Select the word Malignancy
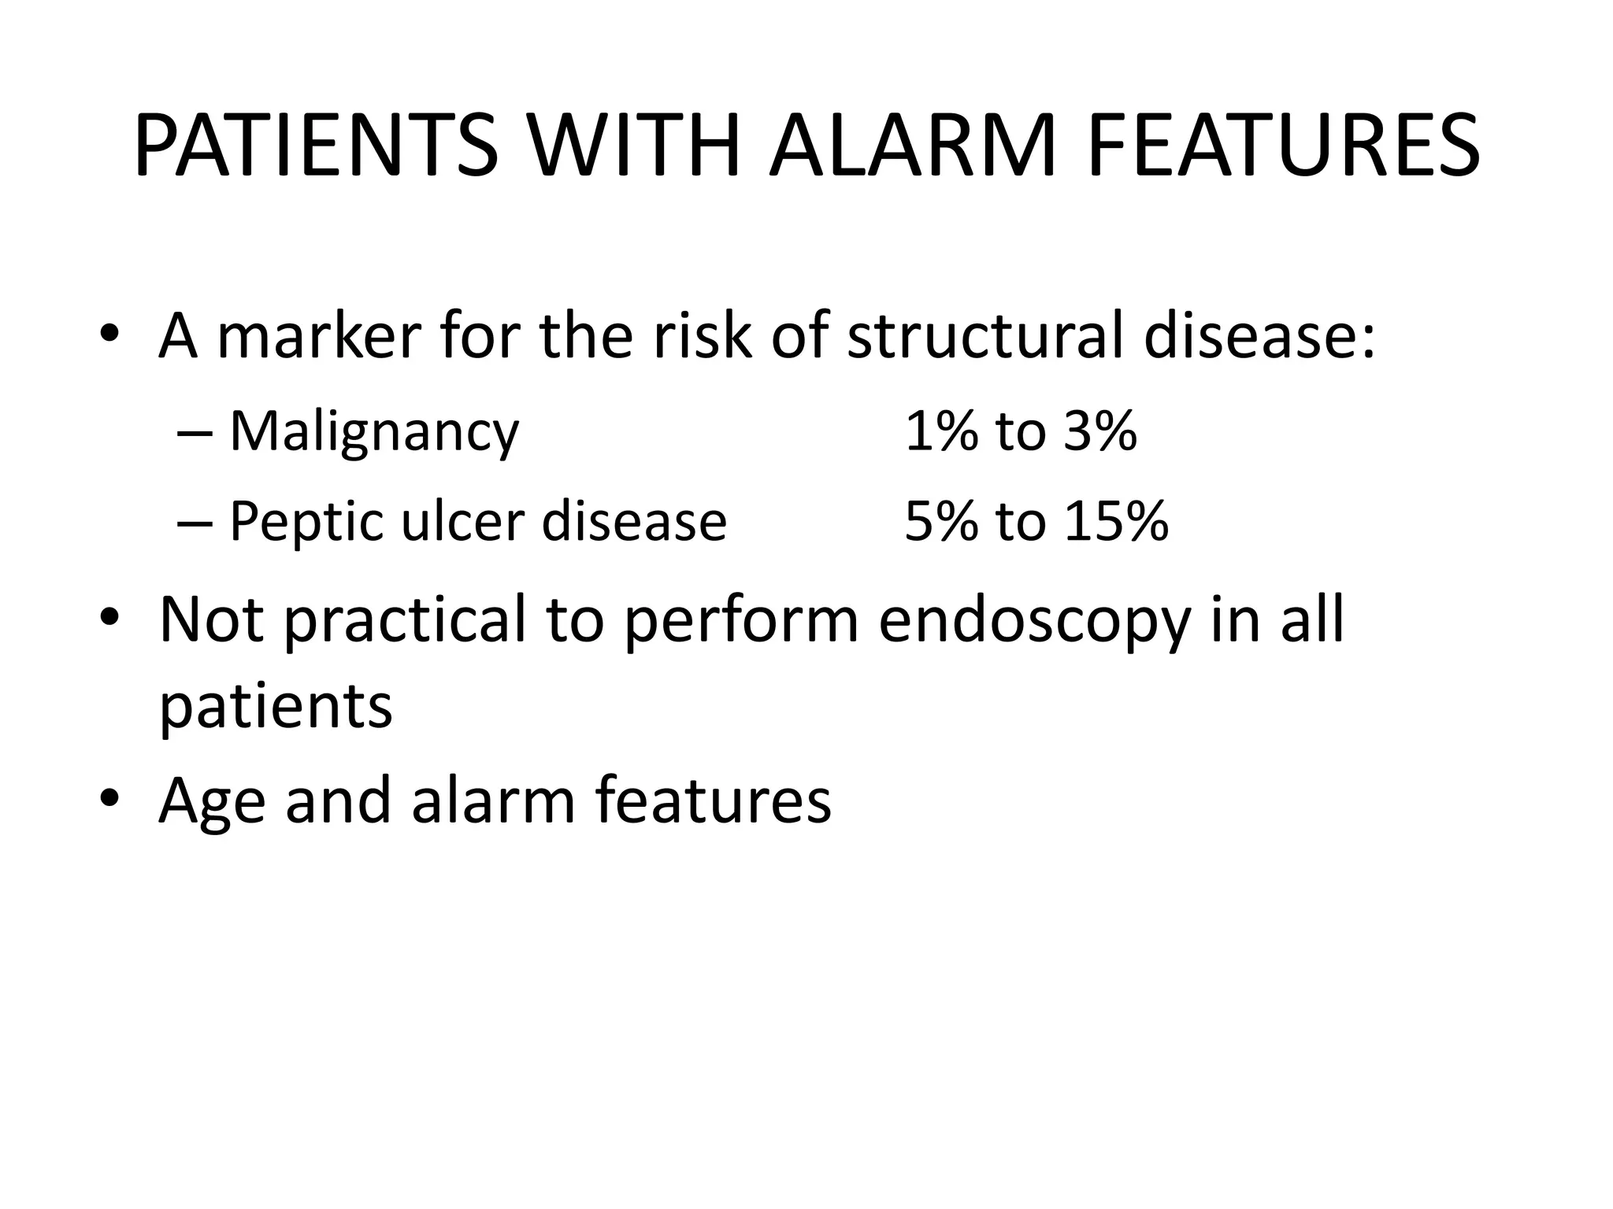tap(374, 432)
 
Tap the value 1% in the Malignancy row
tap(941, 432)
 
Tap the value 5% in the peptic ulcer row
tap(941, 522)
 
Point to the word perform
tap(741, 619)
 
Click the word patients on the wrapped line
tap(276, 706)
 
